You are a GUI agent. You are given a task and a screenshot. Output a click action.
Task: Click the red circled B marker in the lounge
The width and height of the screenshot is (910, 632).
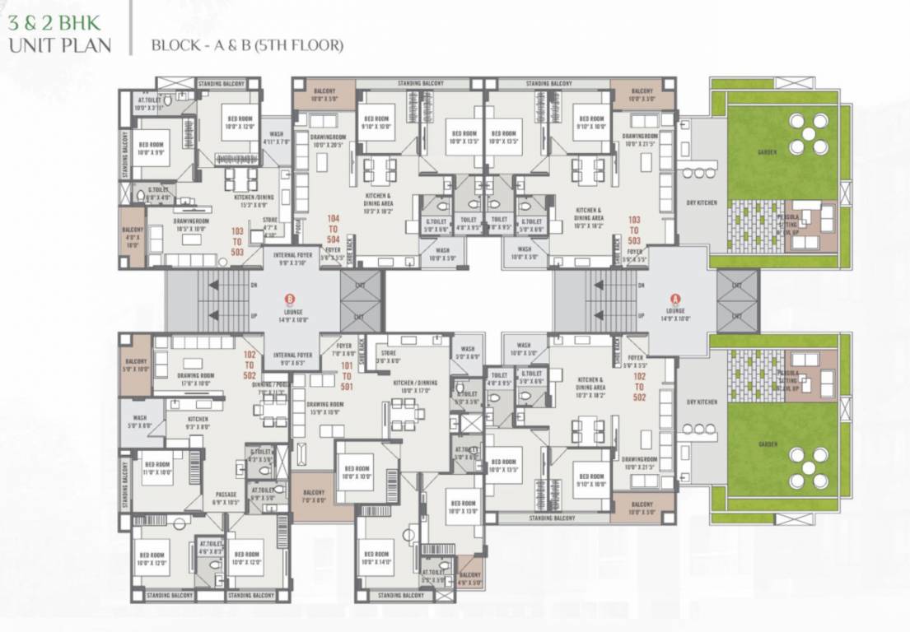click(289, 300)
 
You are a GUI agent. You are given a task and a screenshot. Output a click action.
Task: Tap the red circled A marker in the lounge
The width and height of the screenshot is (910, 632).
click(675, 300)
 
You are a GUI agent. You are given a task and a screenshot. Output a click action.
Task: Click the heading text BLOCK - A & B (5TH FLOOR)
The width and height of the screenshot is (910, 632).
click(247, 45)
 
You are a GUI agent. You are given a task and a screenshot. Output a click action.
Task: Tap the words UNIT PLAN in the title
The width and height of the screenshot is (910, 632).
click(60, 44)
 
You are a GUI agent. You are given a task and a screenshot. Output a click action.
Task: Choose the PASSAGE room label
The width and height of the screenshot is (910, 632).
click(225, 497)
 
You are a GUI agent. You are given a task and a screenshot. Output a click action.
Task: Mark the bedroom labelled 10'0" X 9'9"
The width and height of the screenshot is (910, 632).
click(152, 149)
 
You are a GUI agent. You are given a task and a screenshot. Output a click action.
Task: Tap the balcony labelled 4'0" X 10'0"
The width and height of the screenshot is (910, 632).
click(133, 239)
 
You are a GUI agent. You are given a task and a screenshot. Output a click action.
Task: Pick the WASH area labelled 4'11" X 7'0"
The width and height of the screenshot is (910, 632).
click(277, 137)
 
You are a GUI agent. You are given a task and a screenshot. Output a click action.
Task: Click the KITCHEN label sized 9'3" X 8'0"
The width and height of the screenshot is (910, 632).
click(197, 423)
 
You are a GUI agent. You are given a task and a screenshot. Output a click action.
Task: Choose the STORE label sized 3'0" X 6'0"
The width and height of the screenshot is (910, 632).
click(386, 356)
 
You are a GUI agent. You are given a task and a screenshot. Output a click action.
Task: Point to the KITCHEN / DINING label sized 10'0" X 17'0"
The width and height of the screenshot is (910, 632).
click(415, 387)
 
